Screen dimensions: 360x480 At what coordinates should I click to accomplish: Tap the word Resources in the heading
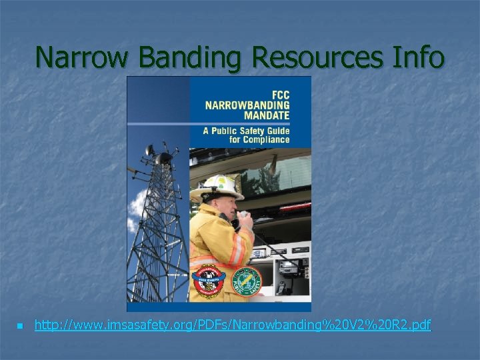316,57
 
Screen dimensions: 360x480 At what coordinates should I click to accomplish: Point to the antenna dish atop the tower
163,158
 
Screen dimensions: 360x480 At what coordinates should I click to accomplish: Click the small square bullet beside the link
19,327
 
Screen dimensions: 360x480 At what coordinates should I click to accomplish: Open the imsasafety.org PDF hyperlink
233,326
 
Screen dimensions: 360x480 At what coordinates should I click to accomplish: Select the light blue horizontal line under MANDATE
250,123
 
